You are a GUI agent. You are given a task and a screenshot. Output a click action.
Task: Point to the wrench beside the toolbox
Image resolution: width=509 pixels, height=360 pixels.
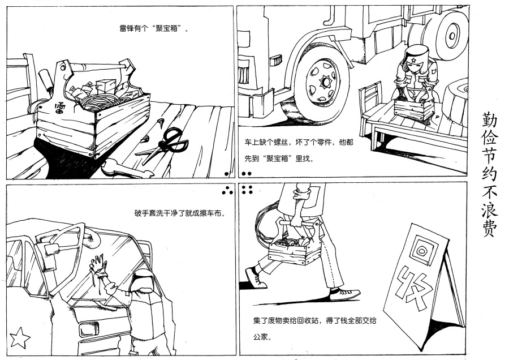point(122,169)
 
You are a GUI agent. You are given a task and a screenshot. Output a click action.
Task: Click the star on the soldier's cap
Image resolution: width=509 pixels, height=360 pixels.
point(413,58)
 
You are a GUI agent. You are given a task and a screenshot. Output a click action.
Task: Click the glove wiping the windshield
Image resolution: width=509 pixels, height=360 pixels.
point(100,265)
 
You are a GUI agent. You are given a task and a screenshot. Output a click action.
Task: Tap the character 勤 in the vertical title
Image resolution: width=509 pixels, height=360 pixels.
point(489,119)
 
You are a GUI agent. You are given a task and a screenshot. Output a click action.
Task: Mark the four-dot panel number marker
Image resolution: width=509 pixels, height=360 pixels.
point(247,189)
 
